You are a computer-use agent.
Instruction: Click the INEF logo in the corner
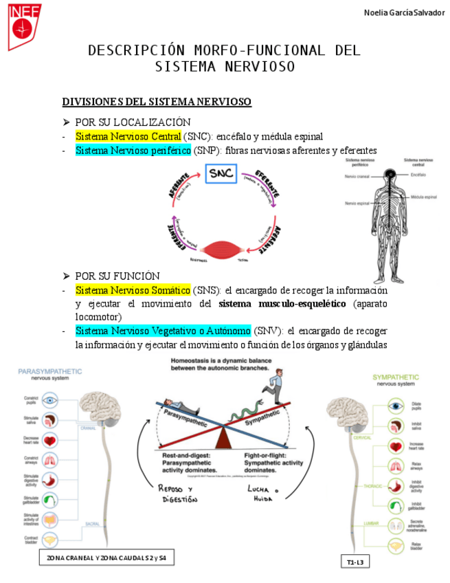[x=25, y=26]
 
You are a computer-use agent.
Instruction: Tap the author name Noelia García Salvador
[x=403, y=13]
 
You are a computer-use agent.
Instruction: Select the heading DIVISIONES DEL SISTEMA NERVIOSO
[x=157, y=102]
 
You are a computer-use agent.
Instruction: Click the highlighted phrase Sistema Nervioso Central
[x=128, y=136]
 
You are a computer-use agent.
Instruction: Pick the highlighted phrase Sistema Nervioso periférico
[x=133, y=151]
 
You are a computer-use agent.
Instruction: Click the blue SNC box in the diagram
[x=221, y=173]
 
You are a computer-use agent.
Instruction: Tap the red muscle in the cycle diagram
[x=221, y=249]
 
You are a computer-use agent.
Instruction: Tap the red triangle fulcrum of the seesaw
[x=223, y=437]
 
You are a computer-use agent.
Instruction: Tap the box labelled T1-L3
[x=355, y=563]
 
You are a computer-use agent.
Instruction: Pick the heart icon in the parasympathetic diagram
[x=50, y=440]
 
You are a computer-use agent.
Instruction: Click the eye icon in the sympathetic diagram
[x=394, y=406]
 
